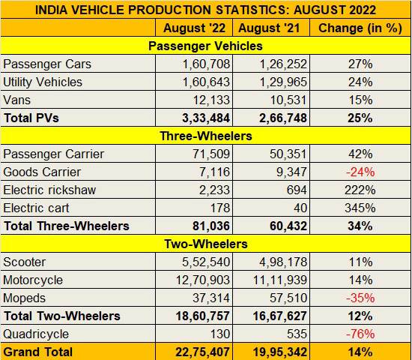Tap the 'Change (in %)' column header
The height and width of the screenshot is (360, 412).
(361, 28)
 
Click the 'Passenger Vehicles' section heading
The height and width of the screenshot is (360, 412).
(206, 46)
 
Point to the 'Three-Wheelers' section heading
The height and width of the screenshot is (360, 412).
(206, 136)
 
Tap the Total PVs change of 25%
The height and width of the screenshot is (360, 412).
(361, 118)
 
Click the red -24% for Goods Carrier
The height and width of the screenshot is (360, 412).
(361, 172)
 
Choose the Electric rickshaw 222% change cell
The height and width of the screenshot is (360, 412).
(361, 190)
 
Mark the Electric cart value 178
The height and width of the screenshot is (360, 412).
(218, 208)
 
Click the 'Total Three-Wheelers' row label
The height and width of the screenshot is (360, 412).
(67, 226)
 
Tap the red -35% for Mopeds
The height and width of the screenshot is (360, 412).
(361, 298)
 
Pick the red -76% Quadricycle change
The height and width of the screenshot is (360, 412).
(361, 334)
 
